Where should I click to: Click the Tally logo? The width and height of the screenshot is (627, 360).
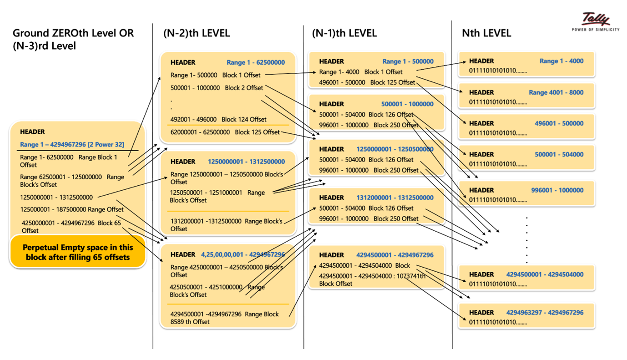[595, 21]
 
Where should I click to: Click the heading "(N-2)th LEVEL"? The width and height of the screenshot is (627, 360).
[196, 33]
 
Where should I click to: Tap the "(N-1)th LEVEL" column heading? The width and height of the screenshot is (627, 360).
[344, 33]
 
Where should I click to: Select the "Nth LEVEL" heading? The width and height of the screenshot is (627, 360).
[486, 33]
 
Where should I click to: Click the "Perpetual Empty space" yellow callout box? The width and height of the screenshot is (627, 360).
[78, 252]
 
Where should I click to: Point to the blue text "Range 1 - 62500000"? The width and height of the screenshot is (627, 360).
[256, 62]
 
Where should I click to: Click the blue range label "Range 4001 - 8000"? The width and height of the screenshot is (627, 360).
[556, 92]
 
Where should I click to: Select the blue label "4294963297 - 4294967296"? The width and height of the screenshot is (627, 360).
[545, 313]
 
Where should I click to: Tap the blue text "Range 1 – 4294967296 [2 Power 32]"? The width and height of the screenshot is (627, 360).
[72, 144]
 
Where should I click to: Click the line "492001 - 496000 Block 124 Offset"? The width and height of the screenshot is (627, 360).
[218, 119]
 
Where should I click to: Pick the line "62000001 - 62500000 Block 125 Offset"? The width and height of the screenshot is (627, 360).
[225, 132]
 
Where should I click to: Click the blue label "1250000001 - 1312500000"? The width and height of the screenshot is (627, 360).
[246, 162]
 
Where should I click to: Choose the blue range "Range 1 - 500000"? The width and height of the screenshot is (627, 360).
[408, 61]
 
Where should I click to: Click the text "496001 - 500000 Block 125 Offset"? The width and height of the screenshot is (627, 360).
[367, 82]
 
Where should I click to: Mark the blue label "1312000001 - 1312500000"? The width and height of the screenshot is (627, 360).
[395, 198]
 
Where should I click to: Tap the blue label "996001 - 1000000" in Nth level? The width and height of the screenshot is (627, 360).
[557, 190]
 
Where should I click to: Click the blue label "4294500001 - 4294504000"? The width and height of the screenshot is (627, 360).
[545, 274]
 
